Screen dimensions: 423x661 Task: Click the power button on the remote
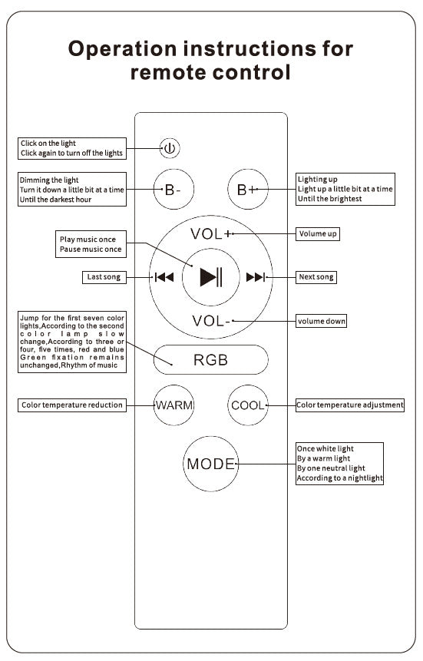[x=170, y=148]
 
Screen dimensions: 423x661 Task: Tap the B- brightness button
[x=173, y=190]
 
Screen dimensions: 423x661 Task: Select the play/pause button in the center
[x=211, y=277]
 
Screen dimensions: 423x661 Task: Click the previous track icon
[x=164, y=277]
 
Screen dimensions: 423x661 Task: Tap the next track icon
[x=256, y=277]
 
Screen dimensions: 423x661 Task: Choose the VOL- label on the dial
[x=211, y=321]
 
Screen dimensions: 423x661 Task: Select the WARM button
[x=173, y=405]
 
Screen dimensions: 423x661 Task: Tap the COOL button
[x=248, y=405]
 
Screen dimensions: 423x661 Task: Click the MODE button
[x=211, y=464]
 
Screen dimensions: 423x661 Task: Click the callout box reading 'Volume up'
[x=318, y=233]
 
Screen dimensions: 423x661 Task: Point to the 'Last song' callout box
[x=104, y=277]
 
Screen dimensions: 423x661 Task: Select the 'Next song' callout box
[x=316, y=277]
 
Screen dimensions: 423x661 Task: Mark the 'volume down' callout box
[x=322, y=321]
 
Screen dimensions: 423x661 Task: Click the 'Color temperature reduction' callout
[x=72, y=405]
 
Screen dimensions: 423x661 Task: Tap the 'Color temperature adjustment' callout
[x=350, y=405]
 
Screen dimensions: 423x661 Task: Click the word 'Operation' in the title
[x=123, y=49]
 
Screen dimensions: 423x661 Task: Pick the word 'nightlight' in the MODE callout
[x=365, y=478]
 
